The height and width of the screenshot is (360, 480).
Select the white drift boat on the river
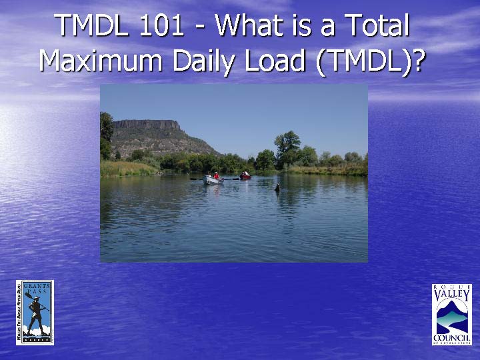(212, 179)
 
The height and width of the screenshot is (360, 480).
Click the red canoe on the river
(245, 177)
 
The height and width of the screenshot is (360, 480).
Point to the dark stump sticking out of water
(277, 188)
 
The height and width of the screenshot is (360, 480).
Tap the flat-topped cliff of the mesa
(146, 125)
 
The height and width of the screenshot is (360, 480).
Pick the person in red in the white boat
(216, 175)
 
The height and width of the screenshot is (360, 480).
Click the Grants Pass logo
(35, 312)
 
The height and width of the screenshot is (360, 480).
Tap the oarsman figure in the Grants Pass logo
(36, 313)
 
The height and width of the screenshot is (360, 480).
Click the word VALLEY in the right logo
(452, 296)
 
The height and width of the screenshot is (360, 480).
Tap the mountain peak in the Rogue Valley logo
(454, 307)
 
